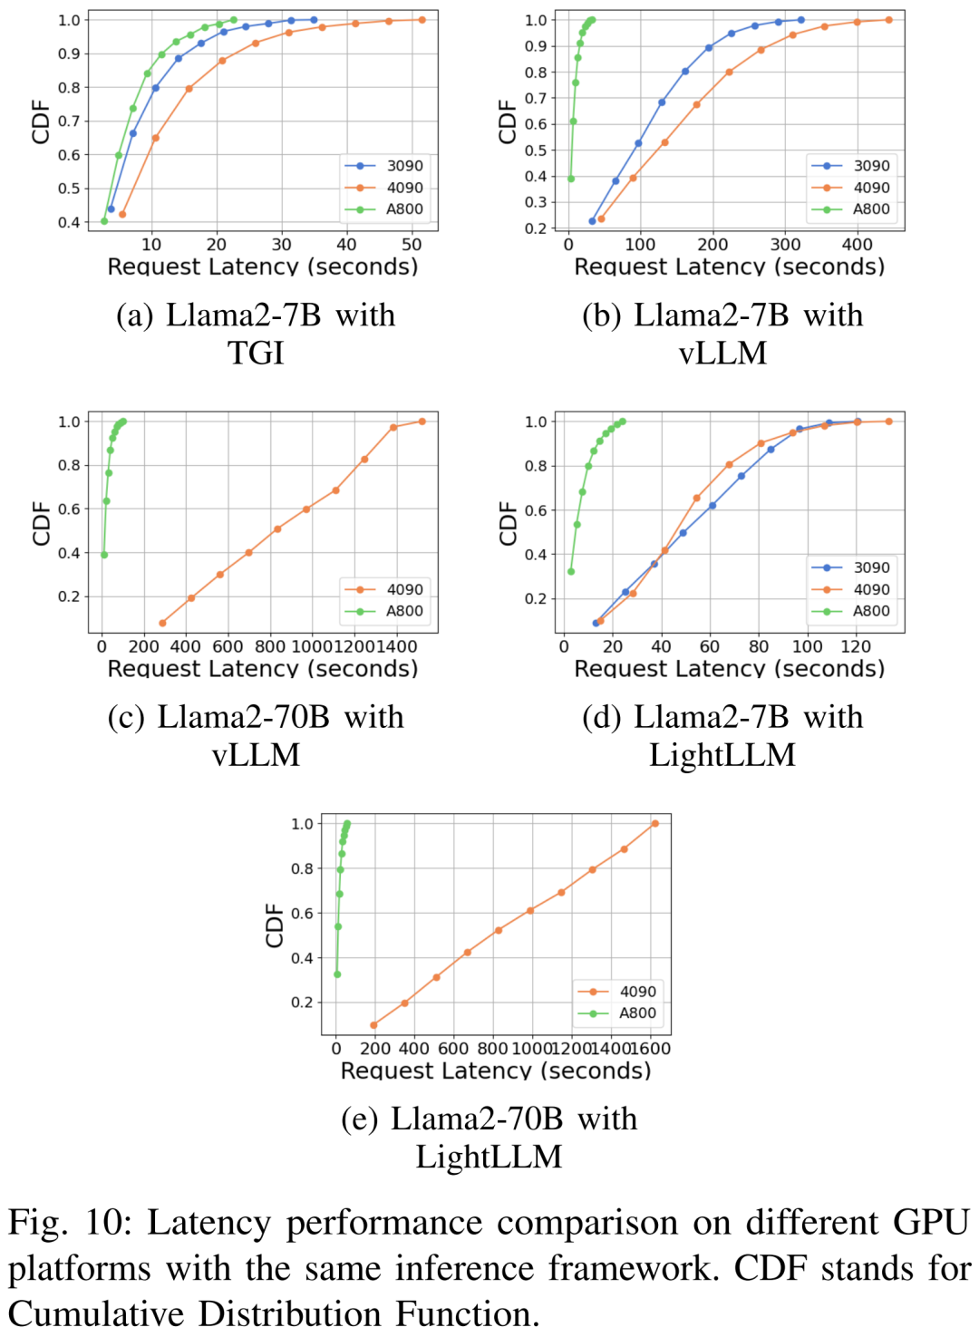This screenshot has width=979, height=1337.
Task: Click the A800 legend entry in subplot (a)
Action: (x=403, y=208)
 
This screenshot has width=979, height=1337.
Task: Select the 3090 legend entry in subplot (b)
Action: (x=870, y=166)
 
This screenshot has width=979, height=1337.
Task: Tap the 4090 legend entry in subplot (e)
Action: (x=637, y=992)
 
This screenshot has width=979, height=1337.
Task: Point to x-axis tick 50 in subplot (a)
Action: (x=412, y=245)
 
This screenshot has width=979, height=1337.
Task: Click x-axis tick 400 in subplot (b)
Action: (x=857, y=245)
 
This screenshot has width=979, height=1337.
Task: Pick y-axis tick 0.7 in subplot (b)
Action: (x=536, y=98)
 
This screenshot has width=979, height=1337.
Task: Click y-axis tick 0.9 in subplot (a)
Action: (x=69, y=53)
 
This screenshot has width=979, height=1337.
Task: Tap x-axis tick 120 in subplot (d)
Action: (x=856, y=646)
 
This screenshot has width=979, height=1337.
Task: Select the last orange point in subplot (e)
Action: (x=654, y=823)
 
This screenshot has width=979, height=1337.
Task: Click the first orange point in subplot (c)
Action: (x=162, y=623)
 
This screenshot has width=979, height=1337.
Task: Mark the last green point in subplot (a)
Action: (x=234, y=20)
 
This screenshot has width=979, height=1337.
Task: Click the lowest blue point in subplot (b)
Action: (x=593, y=221)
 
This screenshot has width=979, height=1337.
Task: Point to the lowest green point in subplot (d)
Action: (x=570, y=571)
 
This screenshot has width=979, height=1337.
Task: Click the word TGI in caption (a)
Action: (x=256, y=353)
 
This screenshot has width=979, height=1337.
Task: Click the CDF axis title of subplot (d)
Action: (x=508, y=523)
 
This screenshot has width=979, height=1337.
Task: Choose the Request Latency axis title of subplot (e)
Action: (x=495, y=1071)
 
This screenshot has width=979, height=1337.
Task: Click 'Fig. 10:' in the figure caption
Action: (x=69, y=1223)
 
